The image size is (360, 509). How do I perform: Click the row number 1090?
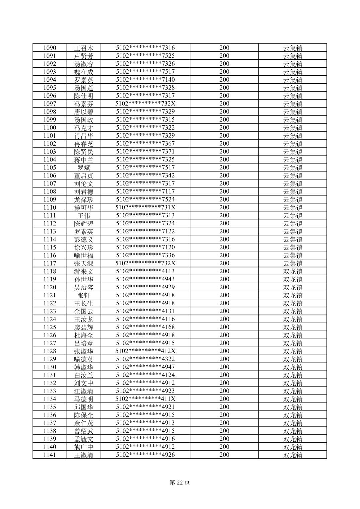(x=50, y=48)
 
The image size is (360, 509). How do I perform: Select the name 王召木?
(x=83, y=48)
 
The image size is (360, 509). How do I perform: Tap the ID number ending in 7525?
(x=145, y=56)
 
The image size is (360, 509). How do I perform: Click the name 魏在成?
(x=83, y=72)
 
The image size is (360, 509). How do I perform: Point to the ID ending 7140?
(x=145, y=80)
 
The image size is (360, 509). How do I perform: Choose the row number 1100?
(x=50, y=128)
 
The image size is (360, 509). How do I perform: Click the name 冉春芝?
(x=83, y=144)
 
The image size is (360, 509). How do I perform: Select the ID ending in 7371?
(x=145, y=152)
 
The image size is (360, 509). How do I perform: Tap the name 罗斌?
(x=83, y=168)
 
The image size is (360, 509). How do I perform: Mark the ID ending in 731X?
(x=145, y=208)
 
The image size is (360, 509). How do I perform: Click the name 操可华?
(x=83, y=208)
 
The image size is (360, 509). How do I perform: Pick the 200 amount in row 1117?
(x=224, y=264)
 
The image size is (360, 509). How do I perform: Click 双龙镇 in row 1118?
(x=293, y=272)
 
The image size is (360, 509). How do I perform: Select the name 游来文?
(x=83, y=272)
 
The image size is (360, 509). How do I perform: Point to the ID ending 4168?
(x=145, y=327)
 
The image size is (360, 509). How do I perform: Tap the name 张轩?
(x=83, y=295)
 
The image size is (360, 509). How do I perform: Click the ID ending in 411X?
(x=145, y=399)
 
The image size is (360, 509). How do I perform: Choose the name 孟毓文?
(x=83, y=439)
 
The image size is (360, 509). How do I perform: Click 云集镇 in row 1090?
(x=293, y=48)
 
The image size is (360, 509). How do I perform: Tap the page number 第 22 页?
(x=180, y=483)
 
